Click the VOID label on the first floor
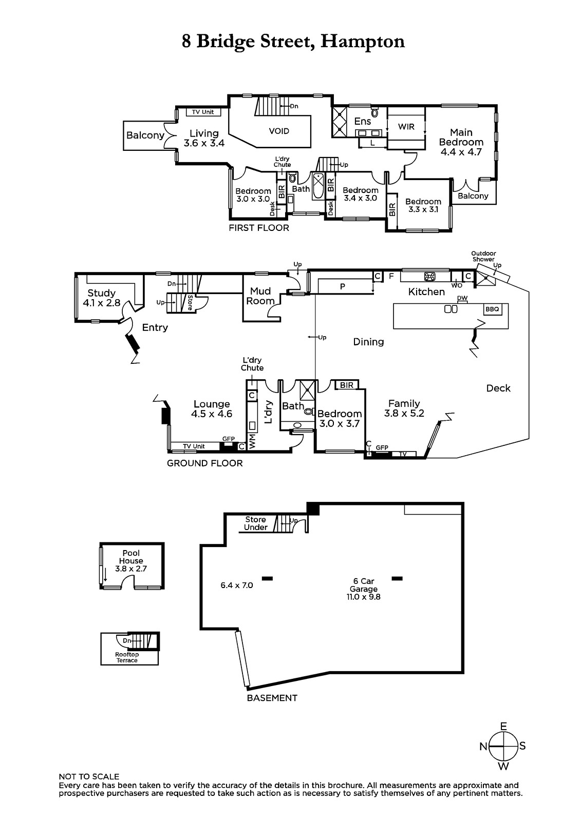pos(279,131)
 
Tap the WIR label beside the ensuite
pos(406,126)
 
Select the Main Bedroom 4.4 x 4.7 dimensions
pos(461,152)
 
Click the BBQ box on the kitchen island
pos(492,309)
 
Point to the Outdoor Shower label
pos(483,256)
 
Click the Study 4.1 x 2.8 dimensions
pos(101,303)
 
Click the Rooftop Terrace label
pos(127,657)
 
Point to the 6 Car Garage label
pos(363,585)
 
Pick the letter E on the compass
pos(503,726)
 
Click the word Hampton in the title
pos(362,41)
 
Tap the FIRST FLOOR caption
pos(259,228)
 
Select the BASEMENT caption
pos(272,698)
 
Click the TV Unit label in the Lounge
pos(194,446)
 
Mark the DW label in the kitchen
pos(462,298)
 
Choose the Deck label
pos(498,388)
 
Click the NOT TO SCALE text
pos(89,777)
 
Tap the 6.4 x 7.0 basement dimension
pos(236,585)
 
